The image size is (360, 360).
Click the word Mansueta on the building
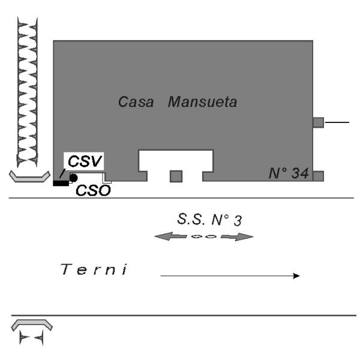202,102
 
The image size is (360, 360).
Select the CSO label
93,190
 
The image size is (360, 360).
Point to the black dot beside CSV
73,178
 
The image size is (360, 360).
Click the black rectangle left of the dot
61,182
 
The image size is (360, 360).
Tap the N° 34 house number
288,174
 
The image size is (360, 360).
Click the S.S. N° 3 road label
205,220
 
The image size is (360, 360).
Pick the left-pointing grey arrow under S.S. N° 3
170,236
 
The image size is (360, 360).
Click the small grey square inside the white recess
176,176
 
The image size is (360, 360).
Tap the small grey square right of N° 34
319,176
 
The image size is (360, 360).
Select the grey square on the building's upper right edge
319,122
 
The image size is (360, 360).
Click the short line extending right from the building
337,122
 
